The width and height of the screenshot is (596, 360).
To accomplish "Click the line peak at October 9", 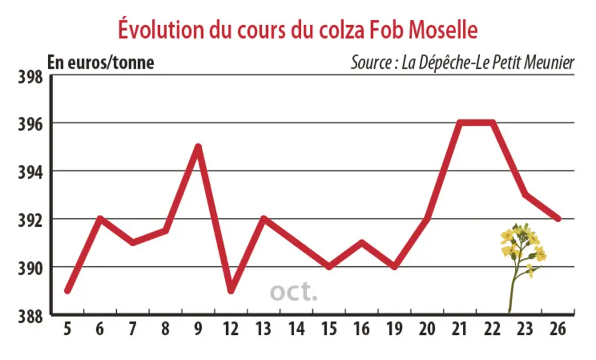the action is (198, 146).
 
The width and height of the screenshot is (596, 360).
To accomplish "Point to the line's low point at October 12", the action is (231, 291).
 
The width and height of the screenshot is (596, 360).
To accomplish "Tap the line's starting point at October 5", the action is (67, 291).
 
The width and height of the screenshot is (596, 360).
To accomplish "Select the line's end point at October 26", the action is (558, 219).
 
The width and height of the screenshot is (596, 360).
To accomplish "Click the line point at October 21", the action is (460, 122).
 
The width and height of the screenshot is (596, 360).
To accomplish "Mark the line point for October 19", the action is (395, 266).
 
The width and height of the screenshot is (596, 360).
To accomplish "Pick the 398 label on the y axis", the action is (31, 77).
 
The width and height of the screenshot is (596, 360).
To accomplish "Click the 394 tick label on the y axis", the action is (31, 172).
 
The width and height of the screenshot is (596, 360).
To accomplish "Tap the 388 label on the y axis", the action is (31, 316).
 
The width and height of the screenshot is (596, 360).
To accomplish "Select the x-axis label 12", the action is (231, 329).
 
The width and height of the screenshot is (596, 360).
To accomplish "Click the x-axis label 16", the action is (362, 329).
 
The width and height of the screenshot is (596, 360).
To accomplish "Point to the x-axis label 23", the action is (525, 329).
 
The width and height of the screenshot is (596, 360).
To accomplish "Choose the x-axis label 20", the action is (427, 329).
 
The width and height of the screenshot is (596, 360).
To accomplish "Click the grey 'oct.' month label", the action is (294, 292).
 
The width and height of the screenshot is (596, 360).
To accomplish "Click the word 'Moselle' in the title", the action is (443, 29).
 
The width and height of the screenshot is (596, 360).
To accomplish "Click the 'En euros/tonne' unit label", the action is (101, 62).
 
